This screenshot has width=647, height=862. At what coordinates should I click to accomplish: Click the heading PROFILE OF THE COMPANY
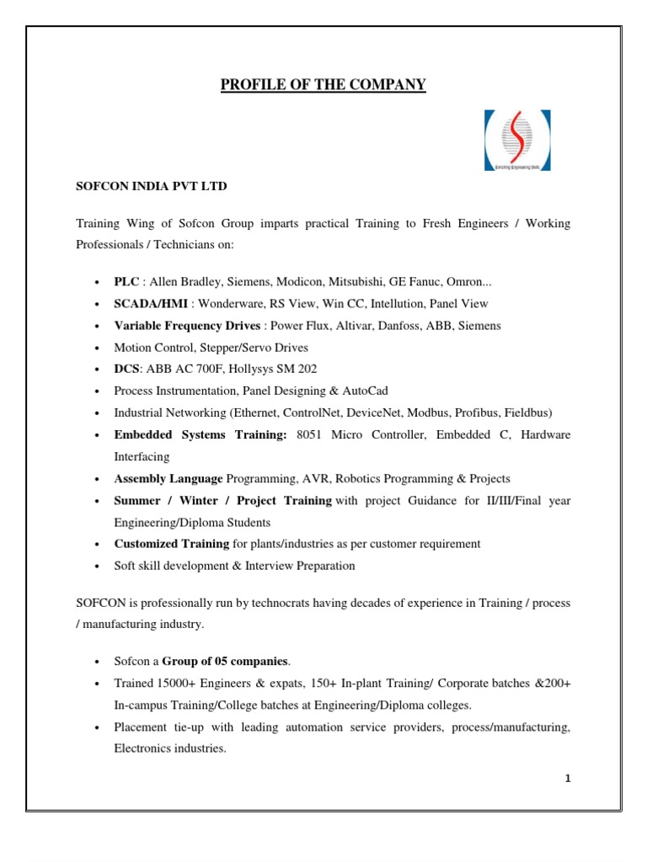click(323, 84)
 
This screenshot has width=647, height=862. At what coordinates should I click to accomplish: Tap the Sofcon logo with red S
click(517, 141)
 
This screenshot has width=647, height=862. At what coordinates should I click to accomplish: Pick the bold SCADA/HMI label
click(147, 303)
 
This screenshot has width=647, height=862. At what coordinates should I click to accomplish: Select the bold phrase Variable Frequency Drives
click(188, 325)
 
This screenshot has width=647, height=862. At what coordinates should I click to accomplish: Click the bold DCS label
click(126, 369)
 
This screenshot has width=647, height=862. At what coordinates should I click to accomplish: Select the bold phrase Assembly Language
click(168, 478)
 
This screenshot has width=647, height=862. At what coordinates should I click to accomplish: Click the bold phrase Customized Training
click(171, 544)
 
